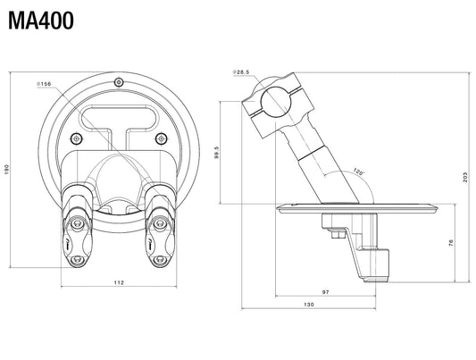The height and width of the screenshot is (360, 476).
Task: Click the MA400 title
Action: click(41, 21)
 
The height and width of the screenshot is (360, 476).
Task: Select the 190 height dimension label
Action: click(7, 170)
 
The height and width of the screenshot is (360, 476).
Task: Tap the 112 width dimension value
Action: click(119, 282)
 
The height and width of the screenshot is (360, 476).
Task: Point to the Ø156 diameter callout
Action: click(44, 84)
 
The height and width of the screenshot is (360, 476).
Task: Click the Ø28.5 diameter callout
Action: click(241, 72)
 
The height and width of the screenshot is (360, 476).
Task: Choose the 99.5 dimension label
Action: click(216, 153)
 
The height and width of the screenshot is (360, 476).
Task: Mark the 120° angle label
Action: click(358, 172)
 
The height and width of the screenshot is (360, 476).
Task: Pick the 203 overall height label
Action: click(465, 177)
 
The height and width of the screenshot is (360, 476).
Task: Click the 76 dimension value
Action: click(451, 242)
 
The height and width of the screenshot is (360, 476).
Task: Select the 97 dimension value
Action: click(325, 292)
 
